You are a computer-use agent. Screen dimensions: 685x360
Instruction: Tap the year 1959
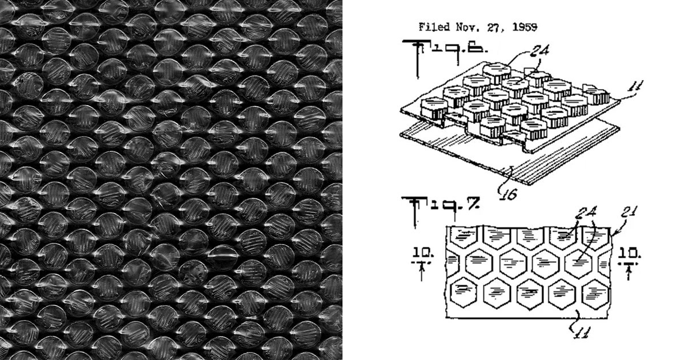(525, 27)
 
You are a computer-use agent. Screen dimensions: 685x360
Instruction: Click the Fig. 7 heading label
(440, 208)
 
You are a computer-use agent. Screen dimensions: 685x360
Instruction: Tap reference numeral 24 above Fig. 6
(539, 51)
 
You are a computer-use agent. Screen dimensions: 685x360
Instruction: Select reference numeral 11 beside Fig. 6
(635, 86)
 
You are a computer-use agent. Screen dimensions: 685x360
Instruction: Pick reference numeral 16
(508, 194)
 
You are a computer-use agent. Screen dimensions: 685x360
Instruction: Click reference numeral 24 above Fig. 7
(586, 212)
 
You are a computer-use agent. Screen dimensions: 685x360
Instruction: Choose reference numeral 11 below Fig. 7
(580, 332)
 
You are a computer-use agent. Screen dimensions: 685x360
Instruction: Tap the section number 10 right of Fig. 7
(629, 254)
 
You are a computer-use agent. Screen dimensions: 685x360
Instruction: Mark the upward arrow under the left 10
(422, 271)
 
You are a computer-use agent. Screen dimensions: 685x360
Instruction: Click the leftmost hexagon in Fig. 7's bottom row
(464, 292)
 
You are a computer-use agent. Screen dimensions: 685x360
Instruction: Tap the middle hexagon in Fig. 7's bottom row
(530, 294)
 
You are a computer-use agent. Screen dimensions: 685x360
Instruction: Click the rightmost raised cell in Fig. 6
(596, 94)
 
